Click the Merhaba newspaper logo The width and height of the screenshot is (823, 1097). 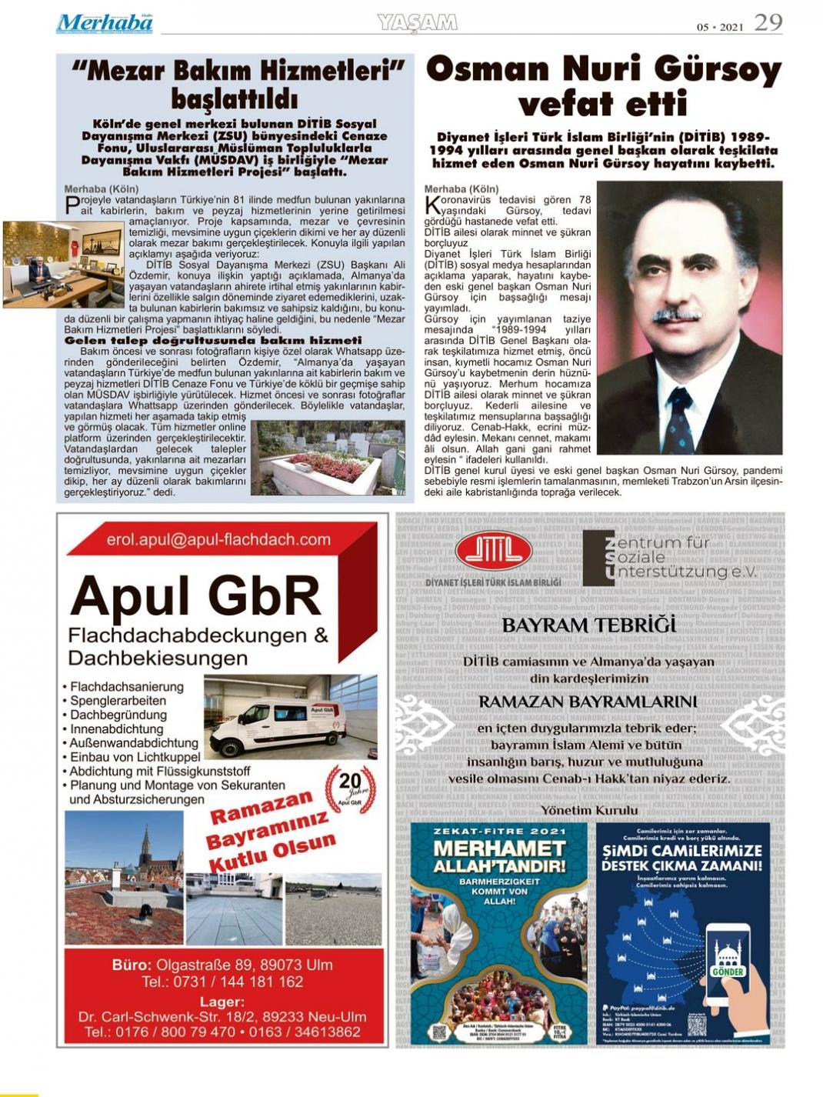point(104,23)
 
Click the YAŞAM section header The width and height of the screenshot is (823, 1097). point(418,22)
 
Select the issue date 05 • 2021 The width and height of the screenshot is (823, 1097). point(720,26)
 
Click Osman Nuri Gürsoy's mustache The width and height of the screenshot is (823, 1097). point(676,315)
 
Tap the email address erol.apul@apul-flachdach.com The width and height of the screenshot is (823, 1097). point(219,540)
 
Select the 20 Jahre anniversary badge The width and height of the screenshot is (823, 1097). point(349,789)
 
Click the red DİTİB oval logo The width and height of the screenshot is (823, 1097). point(493,550)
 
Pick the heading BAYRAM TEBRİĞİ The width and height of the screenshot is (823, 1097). point(589,625)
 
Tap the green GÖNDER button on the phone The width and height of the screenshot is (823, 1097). point(727,971)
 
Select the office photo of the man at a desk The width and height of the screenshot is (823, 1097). point(52,264)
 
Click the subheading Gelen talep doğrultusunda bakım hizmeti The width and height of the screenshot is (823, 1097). point(213,340)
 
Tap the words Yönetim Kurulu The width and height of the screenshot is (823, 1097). point(589,810)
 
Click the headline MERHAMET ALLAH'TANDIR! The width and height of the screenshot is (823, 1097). point(498,858)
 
